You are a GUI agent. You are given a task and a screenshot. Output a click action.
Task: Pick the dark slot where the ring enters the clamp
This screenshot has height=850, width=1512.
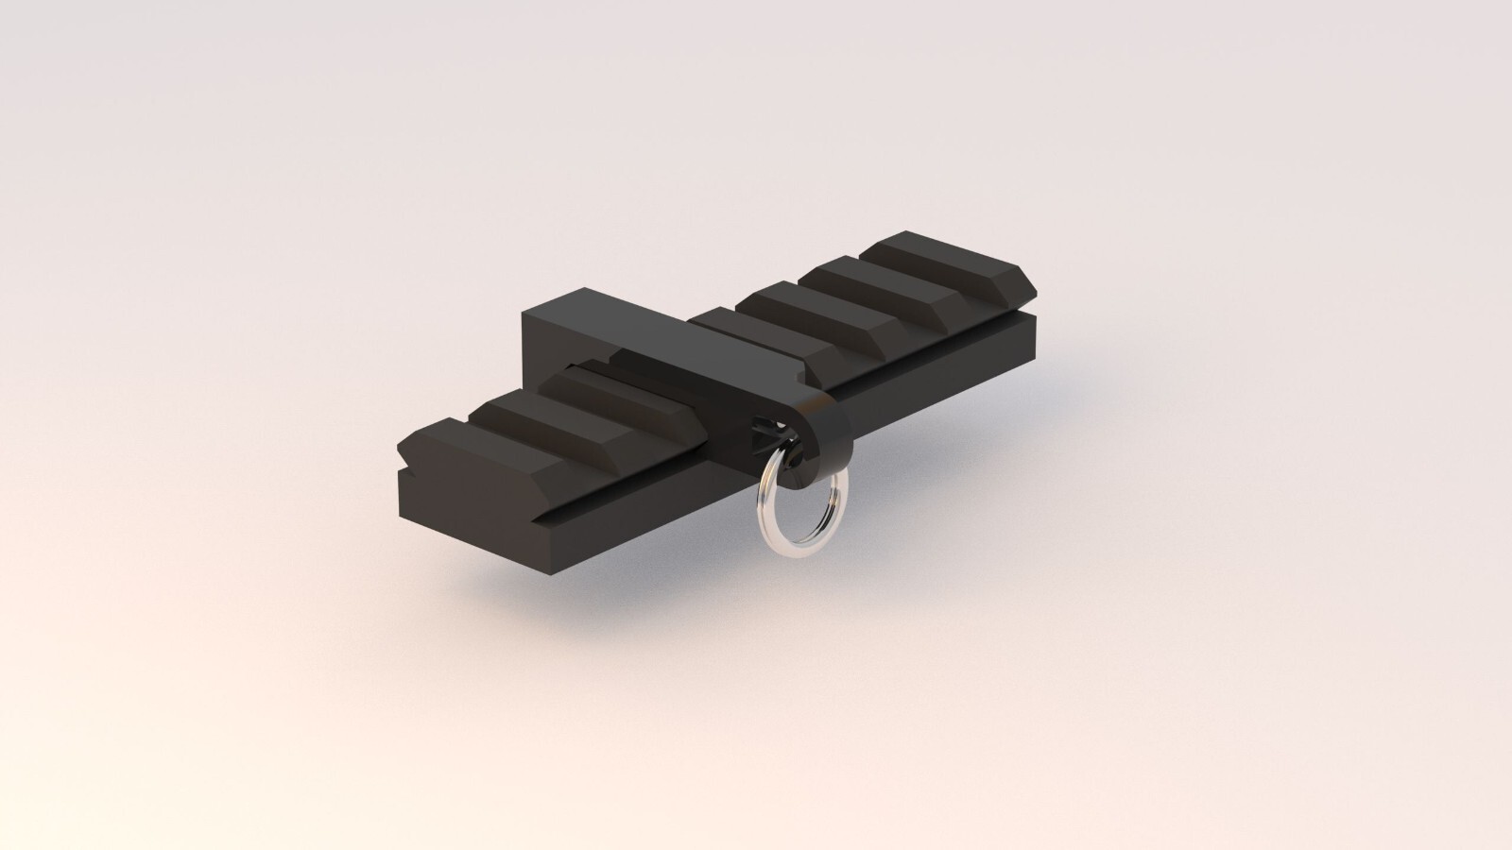pyautogui.click(x=762, y=431)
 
